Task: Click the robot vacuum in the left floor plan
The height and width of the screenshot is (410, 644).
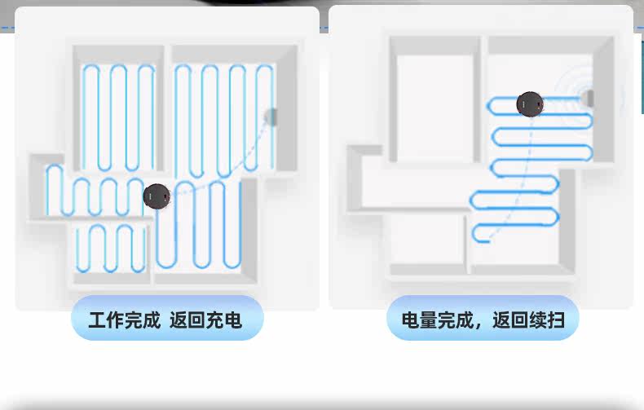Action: click(x=156, y=196)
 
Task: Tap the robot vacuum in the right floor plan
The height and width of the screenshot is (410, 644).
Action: click(x=530, y=104)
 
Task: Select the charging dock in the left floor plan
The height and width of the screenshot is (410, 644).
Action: click(x=271, y=117)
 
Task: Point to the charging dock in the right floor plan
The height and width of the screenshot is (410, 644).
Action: click(x=589, y=98)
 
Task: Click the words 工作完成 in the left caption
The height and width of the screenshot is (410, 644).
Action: click(x=124, y=320)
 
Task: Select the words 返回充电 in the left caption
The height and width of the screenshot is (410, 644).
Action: click(x=205, y=320)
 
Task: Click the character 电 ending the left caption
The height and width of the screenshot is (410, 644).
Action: click(x=233, y=320)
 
